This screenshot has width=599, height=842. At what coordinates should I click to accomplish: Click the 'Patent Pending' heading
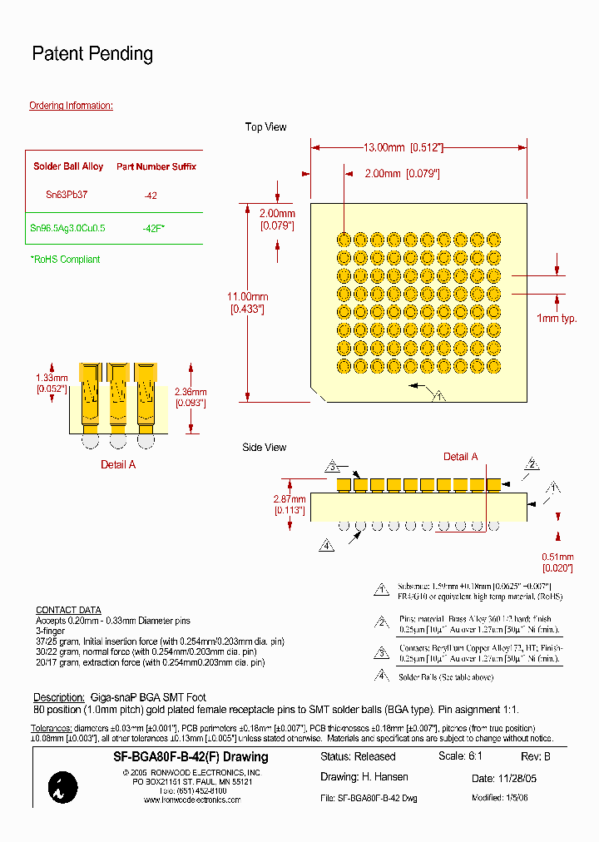point(92,54)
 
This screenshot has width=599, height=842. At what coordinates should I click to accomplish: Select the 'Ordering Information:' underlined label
point(71,106)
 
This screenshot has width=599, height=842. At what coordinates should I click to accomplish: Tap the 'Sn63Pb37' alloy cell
point(67,194)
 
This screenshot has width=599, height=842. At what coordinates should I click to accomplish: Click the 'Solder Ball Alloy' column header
point(68,166)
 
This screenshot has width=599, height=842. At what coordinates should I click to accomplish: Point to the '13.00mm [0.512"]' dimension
point(403,147)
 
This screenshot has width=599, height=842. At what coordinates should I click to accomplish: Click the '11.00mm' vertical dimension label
point(249,297)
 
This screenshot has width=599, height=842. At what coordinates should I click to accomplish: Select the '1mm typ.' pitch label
point(557,319)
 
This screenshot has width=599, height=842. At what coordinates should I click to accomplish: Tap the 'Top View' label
point(265,127)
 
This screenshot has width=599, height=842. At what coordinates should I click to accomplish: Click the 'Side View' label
point(264,448)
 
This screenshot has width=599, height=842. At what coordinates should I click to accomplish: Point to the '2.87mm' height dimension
point(290,499)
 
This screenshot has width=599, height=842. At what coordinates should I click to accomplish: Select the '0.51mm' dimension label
point(557,557)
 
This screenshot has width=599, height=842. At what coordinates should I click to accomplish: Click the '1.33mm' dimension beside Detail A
point(52,377)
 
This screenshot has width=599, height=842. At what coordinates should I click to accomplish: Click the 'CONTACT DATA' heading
point(68,610)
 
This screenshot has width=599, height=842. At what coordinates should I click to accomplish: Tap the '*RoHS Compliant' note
point(65,260)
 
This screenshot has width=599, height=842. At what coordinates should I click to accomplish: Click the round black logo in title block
point(63,787)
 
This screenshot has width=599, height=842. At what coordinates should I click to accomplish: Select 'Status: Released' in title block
point(358,757)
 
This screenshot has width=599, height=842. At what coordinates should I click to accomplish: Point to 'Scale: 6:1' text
point(460,757)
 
